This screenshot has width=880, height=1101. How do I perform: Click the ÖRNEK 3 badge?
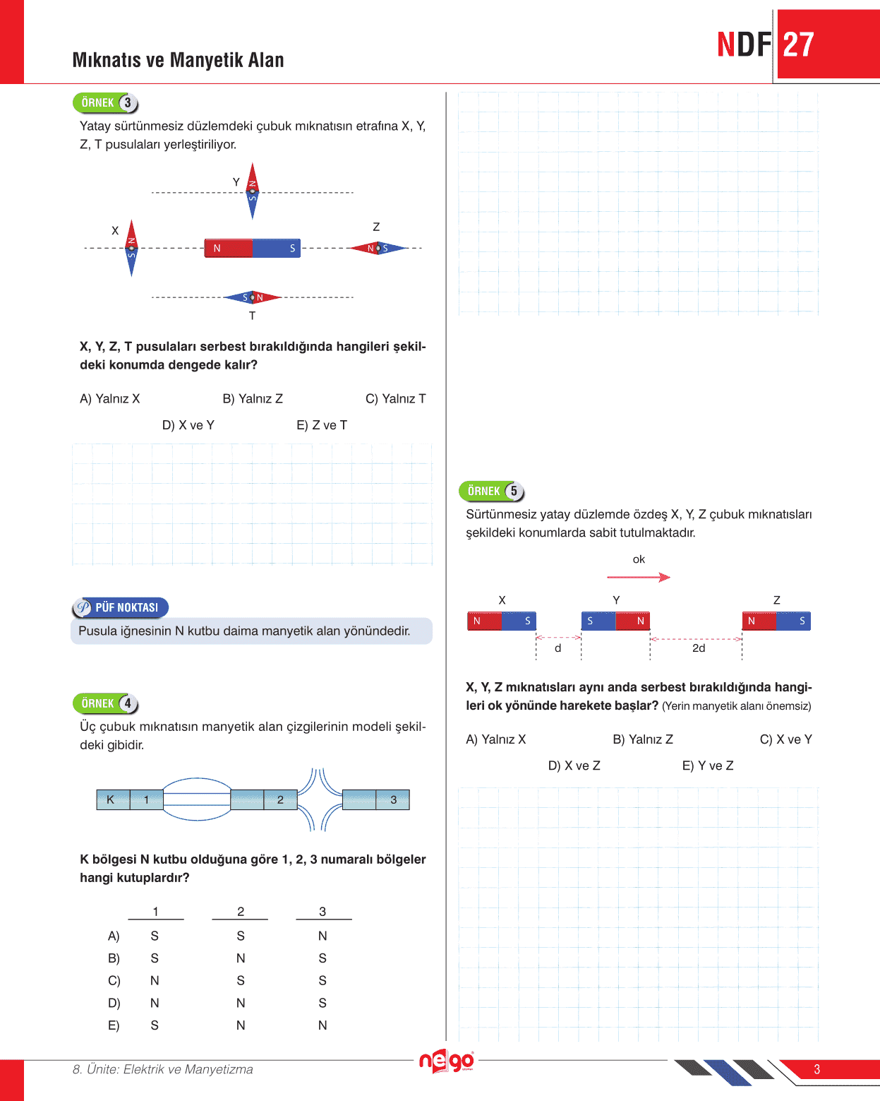click(x=105, y=103)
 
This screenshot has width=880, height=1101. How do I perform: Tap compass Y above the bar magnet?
click(x=252, y=191)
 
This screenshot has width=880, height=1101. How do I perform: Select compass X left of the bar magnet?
click(x=131, y=248)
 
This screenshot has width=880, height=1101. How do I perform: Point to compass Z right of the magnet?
click(x=378, y=248)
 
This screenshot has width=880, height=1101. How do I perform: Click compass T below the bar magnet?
click(x=252, y=297)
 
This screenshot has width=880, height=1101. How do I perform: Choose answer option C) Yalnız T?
click(x=395, y=399)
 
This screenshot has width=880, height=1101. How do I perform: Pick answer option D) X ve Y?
click(x=188, y=425)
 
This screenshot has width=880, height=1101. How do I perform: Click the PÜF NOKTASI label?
click(x=121, y=607)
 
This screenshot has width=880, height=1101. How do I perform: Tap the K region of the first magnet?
click(x=111, y=799)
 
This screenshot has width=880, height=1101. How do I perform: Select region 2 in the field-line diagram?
click(x=280, y=799)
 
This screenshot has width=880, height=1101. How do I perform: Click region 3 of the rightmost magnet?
click(x=393, y=799)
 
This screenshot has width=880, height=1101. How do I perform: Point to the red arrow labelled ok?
click(x=638, y=577)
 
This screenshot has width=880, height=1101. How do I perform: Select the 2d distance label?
click(x=698, y=648)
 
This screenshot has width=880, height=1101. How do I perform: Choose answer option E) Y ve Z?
click(x=707, y=766)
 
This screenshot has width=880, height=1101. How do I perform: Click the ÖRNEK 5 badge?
click(x=492, y=492)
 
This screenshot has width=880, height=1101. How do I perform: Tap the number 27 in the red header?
click(x=798, y=45)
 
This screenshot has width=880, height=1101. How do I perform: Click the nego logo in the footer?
click(x=446, y=1061)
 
